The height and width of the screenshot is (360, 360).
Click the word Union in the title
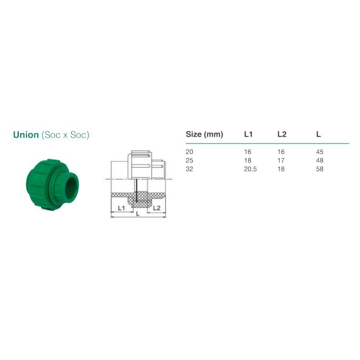pyautogui.click(x=26, y=135)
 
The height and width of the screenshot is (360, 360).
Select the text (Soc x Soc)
pyautogui.click(x=65, y=135)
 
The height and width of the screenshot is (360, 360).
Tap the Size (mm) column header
pyautogui.click(x=204, y=134)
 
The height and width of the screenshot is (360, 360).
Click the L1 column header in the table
pyautogui.click(x=248, y=134)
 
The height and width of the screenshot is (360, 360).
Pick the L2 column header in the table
pyautogui.click(x=282, y=134)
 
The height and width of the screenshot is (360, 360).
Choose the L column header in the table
pyautogui.click(x=319, y=134)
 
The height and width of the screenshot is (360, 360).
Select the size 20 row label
pyautogui.click(x=189, y=152)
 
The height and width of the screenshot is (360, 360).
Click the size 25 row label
pyautogui.click(x=189, y=161)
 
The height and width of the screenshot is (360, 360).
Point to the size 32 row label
pyautogui.click(x=189, y=169)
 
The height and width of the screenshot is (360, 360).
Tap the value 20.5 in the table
pyautogui.click(x=250, y=169)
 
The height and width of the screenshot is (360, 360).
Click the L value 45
pyautogui.click(x=320, y=152)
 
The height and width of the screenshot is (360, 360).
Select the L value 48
pyautogui.click(x=320, y=161)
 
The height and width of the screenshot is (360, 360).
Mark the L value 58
pyautogui.click(x=320, y=169)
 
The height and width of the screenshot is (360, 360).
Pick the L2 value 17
pyautogui.click(x=281, y=161)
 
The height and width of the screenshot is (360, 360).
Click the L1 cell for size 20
pyautogui.click(x=247, y=152)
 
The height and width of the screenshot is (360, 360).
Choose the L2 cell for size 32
pyautogui.click(x=281, y=169)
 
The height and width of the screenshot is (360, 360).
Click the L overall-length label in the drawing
pyautogui.click(x=138, y=214)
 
